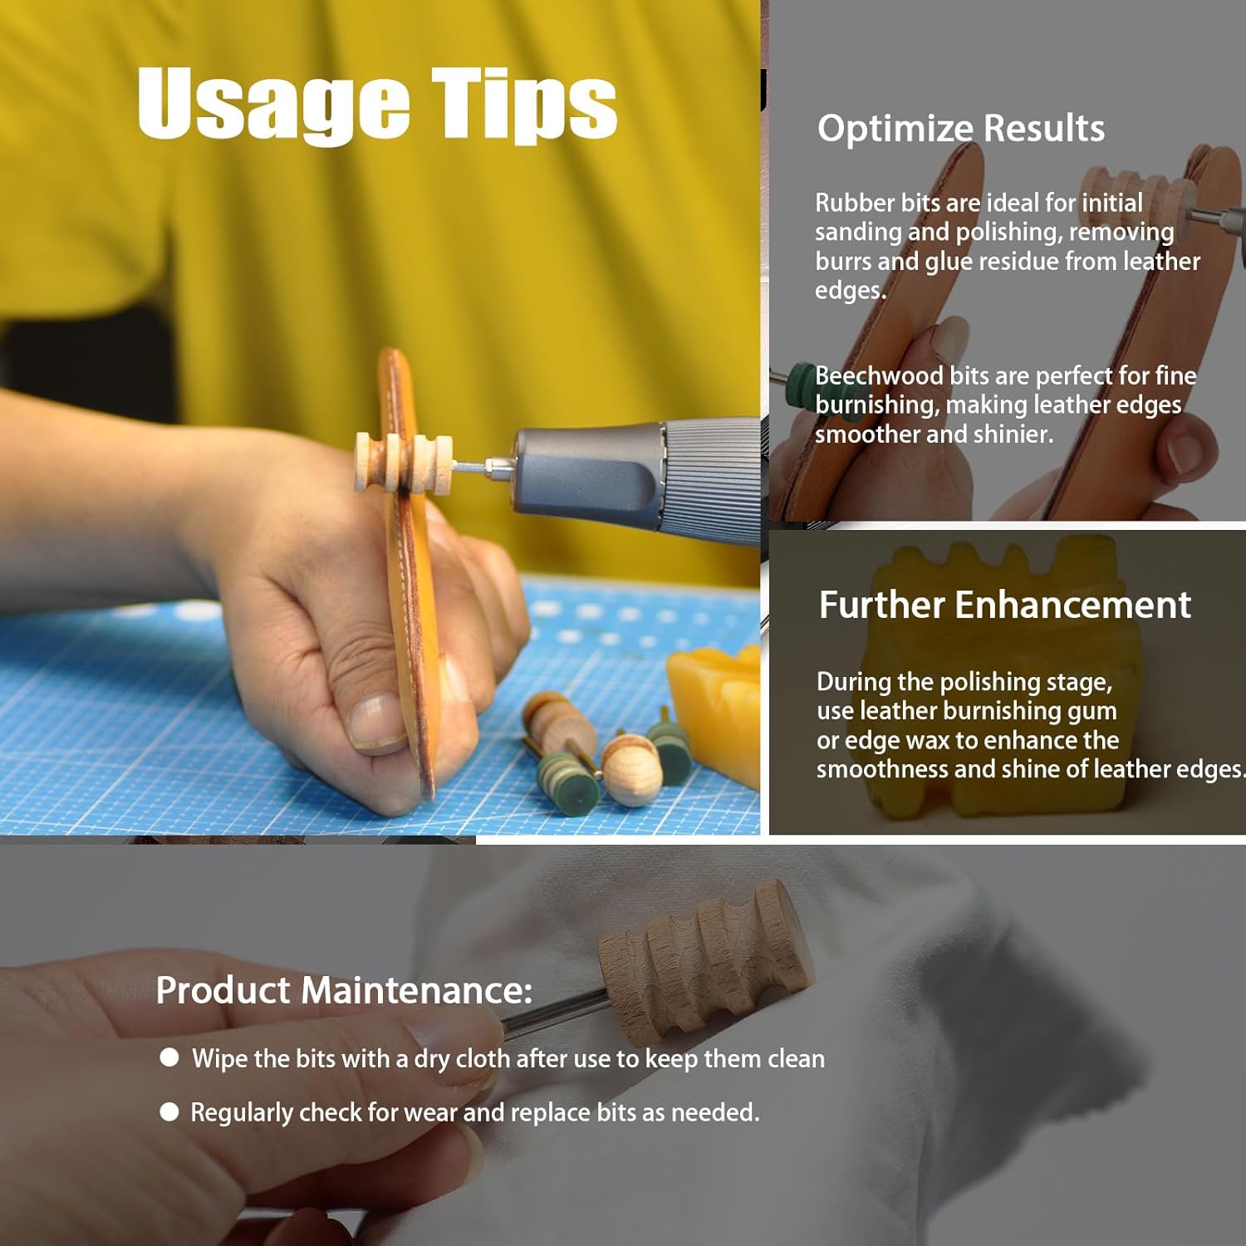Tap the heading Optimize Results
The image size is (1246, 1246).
tap(961, 129)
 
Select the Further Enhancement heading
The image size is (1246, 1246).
tap(1005, 605)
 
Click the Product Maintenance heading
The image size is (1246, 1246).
tap(344, 990)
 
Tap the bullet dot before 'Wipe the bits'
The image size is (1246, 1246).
tap(169, 1057)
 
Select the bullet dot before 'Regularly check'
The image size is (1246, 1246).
tap(169, 1112)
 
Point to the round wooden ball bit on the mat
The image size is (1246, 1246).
tap(632, 769)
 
